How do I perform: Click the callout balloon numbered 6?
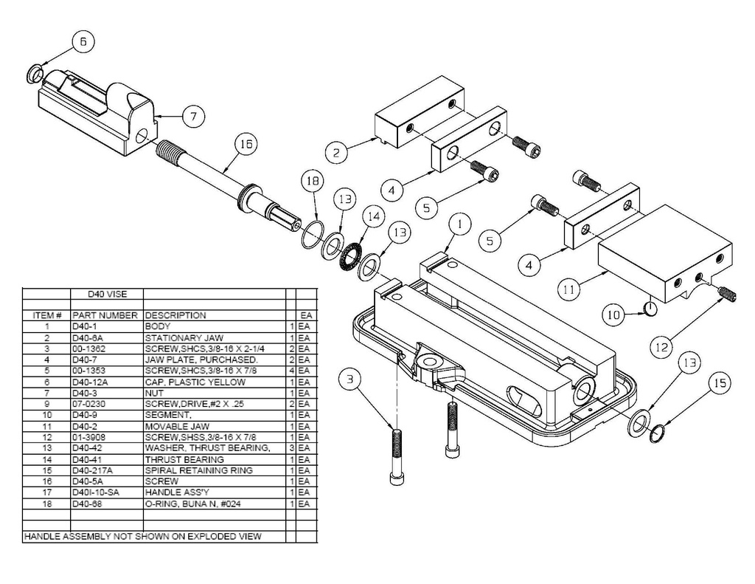tap(83, 43)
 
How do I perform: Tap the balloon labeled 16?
tap(246, 145)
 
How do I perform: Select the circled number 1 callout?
tap(460, 222)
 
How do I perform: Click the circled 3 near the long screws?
tap(351, 379)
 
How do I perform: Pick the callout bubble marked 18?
tap(313, 182)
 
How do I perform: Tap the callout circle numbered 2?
tap(336, 153)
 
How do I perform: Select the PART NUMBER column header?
tap(105, 315)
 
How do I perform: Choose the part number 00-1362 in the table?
tap(88, 348)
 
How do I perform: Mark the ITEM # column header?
tap(46, 315)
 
